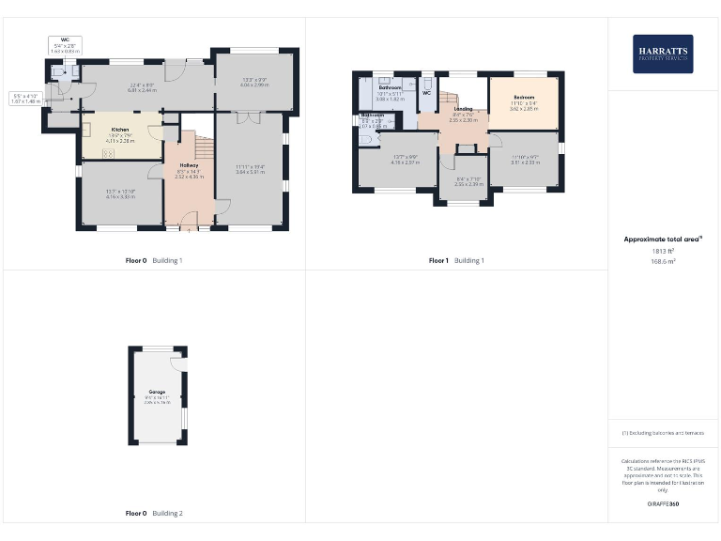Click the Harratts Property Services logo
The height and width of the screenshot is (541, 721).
point(663,54)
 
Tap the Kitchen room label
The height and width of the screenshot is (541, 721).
point(120,129)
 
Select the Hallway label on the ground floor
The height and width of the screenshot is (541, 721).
point(189,164)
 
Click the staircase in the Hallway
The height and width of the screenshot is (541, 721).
point(198,146)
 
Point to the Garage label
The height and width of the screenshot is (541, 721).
point(157,391)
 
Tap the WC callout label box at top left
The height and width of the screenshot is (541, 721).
point(66,43)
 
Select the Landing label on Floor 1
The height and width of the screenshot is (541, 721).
point(463,110)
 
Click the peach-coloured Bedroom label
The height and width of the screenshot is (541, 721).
point(524,98)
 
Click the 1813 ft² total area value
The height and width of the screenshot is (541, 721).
point(663,252)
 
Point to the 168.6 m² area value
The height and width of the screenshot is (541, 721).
point(663,262)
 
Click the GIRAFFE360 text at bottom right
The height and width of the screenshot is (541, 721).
point(663,504)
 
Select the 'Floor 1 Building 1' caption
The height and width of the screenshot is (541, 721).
point(456,260)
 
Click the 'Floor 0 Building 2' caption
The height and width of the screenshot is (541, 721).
point(154,514)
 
